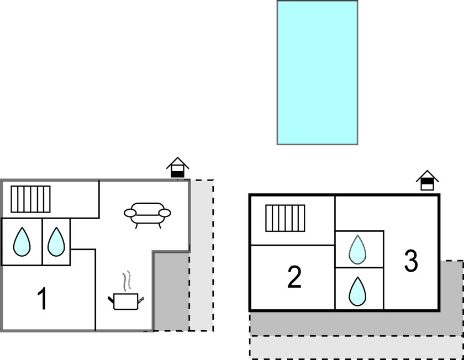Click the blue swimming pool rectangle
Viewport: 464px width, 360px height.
point(317,72)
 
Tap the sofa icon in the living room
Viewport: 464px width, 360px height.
point(147,214)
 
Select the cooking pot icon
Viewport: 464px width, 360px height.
point(126,300)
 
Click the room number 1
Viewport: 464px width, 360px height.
point(42,299)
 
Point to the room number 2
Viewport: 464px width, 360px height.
point(294,277)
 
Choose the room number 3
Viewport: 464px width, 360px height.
point(411,261)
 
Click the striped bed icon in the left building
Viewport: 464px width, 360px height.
point(30,199)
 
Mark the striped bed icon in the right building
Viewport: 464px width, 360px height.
point(285,218)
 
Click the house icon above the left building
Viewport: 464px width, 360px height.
point(178,168)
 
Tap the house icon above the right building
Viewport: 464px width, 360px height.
point(428,180)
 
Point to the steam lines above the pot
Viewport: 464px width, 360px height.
point(127,280)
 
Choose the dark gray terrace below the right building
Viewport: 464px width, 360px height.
point(354,323)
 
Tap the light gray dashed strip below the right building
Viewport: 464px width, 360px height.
point(354,347)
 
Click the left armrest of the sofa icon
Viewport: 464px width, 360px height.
point(130,212)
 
